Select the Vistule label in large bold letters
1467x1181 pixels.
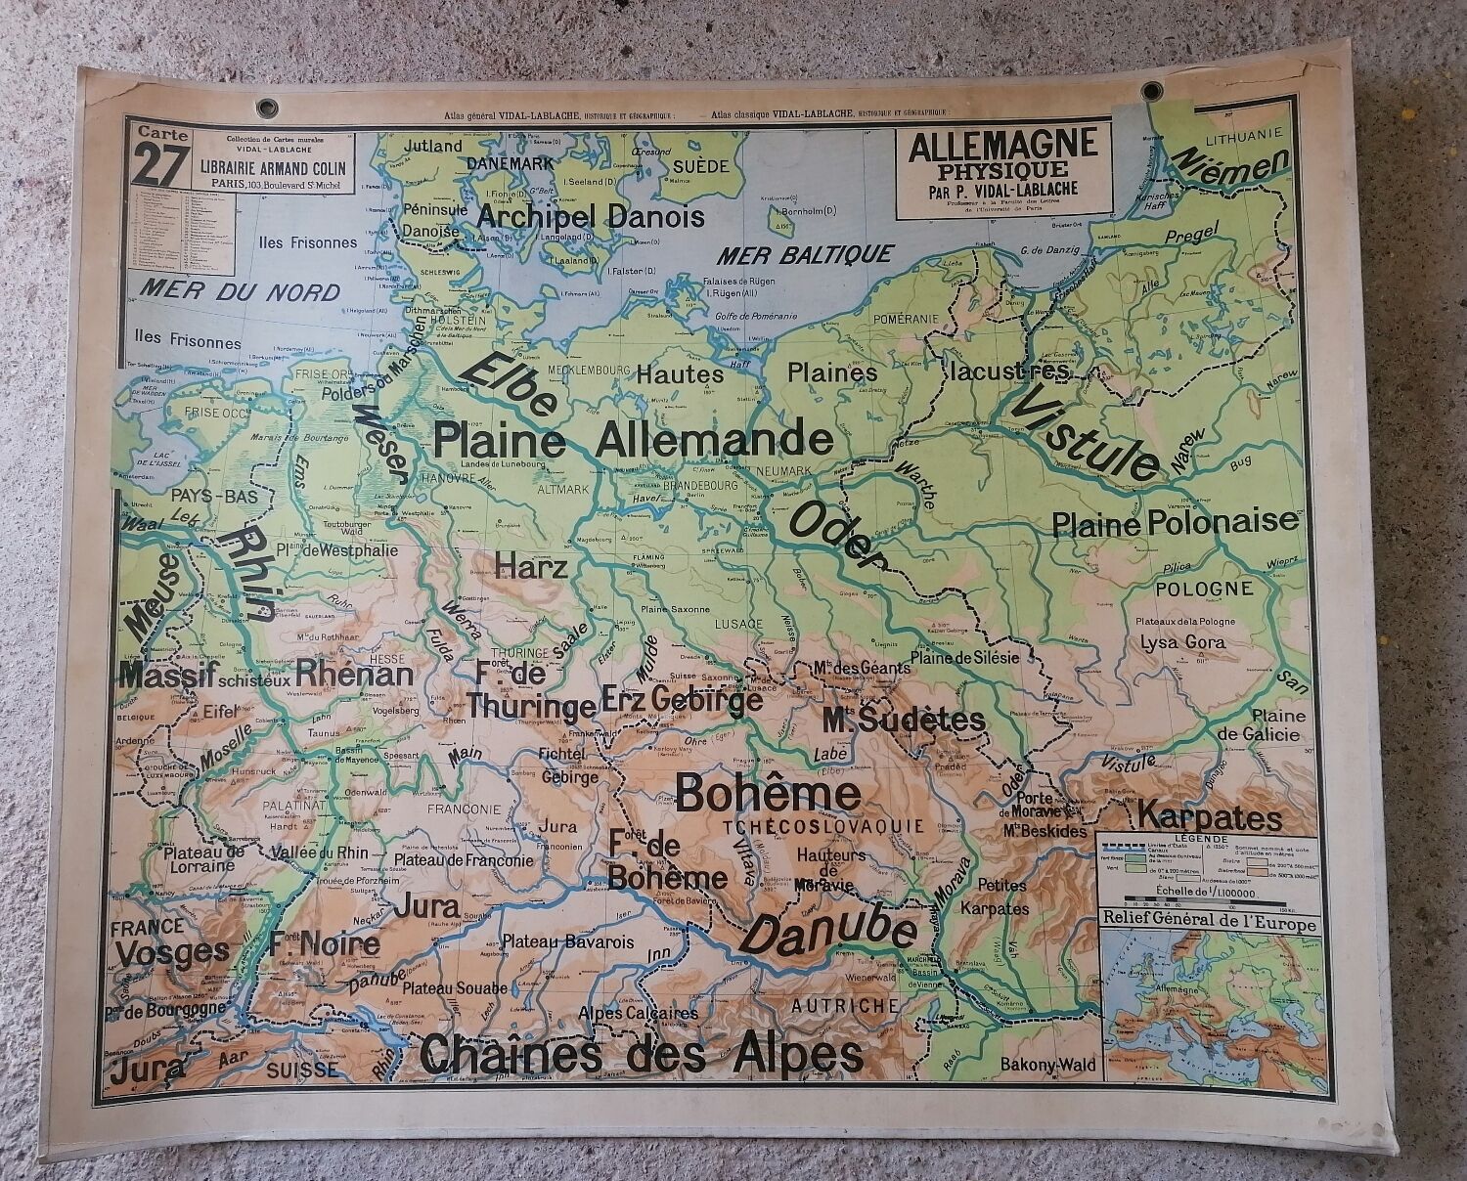pos(1087,433)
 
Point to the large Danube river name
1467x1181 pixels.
pos(830,929)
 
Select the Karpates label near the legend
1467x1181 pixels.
pos(1209,816)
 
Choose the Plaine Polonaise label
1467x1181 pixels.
pos(1175,523)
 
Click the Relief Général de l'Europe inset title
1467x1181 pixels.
pos(1208,922)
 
